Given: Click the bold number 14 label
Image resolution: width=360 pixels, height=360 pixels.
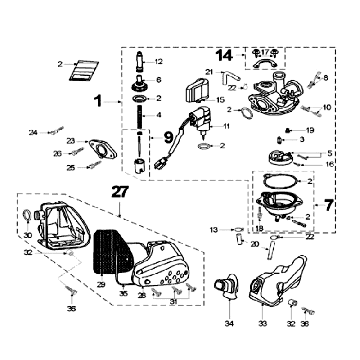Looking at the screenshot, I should [222, 54].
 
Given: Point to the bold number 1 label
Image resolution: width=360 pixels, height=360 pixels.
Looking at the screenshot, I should [99, 100].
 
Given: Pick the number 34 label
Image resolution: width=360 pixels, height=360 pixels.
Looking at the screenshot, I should [228, 324].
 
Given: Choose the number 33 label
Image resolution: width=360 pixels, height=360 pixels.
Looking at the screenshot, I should [263, 324].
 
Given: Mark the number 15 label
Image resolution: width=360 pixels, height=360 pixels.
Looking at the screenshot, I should [221, 101].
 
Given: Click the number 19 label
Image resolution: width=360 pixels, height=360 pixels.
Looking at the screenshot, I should [310, 131].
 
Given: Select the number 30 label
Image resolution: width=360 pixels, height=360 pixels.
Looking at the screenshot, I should [27, 236].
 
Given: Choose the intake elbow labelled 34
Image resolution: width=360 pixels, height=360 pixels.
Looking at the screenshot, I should [229, 290].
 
